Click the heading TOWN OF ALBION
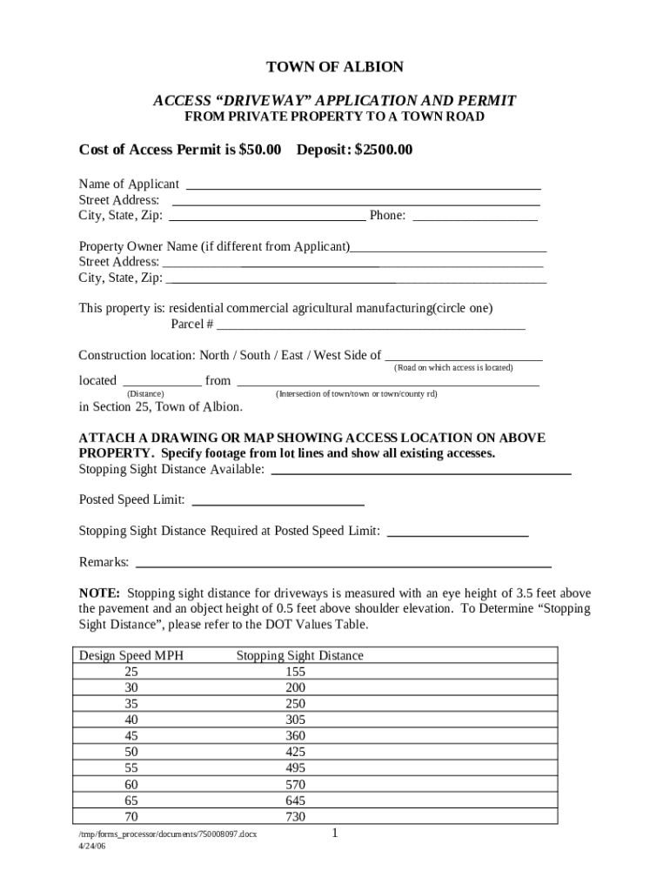click(334, 67)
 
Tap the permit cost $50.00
click(260, 151)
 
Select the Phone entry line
click(474, 218)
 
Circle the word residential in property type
click(199, 308)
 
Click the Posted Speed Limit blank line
click(277, 503)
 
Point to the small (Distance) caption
click(146, 394)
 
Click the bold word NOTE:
click(99, 593)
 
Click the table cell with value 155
click(295, 672)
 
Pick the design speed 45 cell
click(131, 736)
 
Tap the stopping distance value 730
click(295, 817)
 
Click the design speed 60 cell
click(131, 785)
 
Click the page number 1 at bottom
click(334, 834)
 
